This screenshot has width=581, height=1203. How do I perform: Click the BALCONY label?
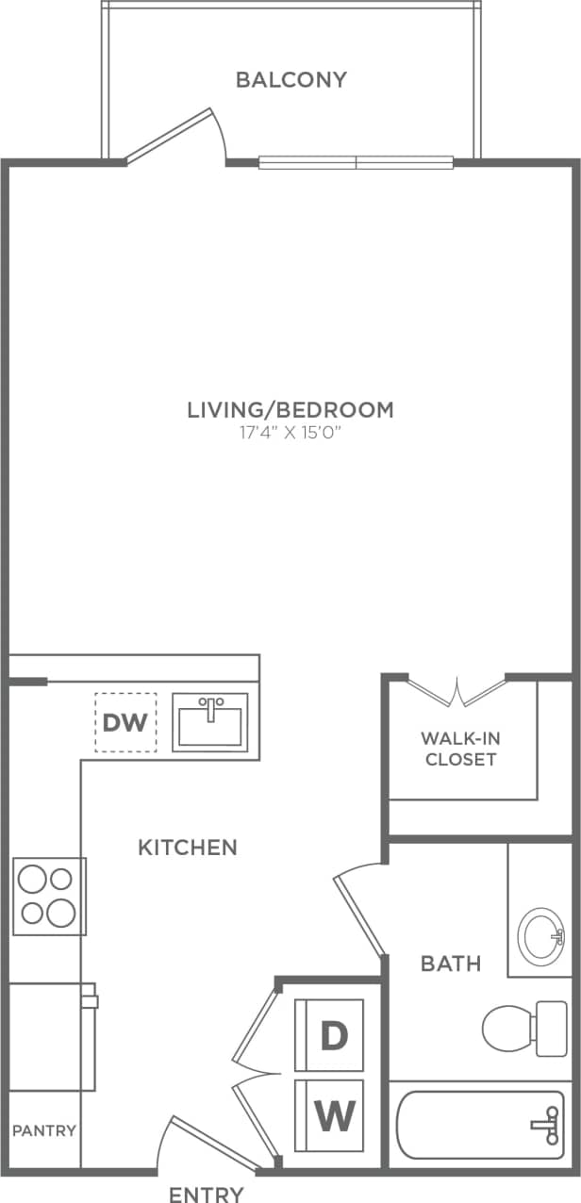291,79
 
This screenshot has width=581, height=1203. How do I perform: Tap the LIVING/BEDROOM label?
290,410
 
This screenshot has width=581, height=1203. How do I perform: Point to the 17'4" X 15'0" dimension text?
290,435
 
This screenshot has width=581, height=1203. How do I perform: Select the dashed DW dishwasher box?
125,723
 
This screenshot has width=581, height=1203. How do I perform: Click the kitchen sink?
210,722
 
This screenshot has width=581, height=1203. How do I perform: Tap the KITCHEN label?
188,848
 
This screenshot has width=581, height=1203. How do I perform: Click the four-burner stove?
49,896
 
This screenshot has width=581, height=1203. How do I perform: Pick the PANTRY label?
44,1130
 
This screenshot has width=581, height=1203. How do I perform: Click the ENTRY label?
207,1194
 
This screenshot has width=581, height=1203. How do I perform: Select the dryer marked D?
330,1035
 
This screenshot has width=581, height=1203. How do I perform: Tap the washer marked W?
330,1116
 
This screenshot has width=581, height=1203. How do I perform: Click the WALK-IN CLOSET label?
460,748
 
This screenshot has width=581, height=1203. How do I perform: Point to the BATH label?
451,964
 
